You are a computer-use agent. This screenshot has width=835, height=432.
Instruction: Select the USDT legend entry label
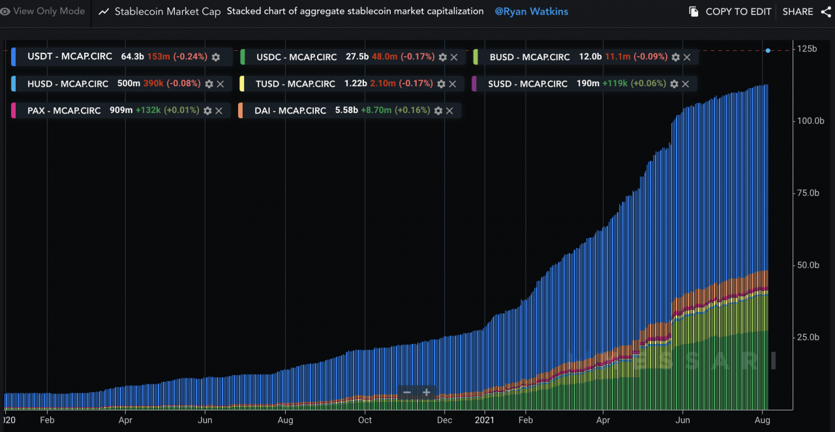coord(70,57)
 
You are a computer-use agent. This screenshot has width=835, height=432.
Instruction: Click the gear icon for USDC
coord(442,57)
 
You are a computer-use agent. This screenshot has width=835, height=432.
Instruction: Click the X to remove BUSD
coord(687,57)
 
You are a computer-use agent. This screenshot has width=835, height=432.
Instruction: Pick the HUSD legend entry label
coord(67,84)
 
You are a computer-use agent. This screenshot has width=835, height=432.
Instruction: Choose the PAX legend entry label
coord(64,111)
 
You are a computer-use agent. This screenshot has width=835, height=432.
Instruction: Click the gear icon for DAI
coord(438,111)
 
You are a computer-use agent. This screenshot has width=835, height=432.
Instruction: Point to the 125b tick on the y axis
coord(807,50)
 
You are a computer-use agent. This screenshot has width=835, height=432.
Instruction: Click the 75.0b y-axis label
coord(807,193)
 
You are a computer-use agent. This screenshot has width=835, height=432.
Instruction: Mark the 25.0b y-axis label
coord(807,337)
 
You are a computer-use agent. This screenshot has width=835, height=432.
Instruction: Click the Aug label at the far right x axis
coord(762,421)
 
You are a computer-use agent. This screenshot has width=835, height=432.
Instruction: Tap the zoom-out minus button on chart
coord(407,393)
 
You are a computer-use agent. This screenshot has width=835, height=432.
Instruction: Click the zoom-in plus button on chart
coord(427,393)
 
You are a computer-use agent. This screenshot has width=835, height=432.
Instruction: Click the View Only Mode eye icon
coord(5,12)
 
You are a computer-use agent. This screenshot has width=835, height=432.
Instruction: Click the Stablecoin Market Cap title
coord(168,12)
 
